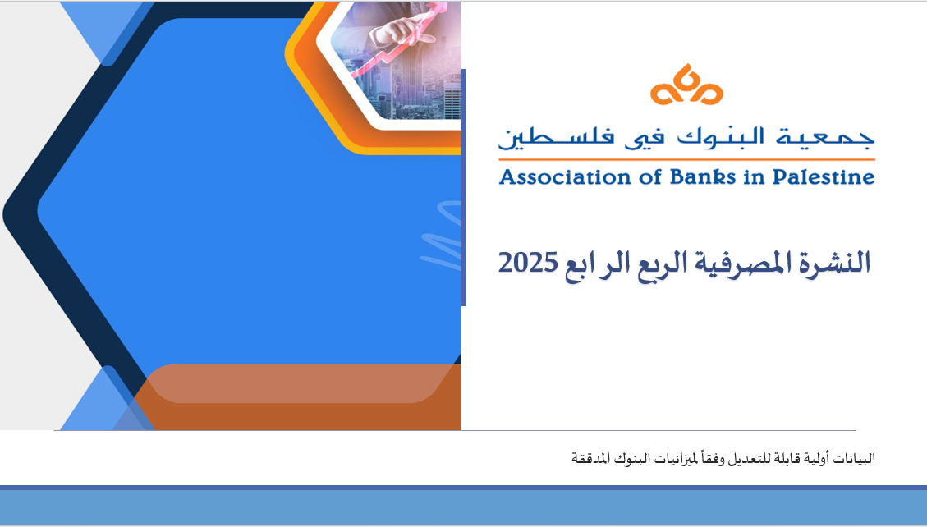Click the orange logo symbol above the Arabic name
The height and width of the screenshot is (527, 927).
[686, 85]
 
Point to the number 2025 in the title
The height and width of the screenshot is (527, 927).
[528, 263]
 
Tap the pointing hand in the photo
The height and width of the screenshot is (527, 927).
[402, 30]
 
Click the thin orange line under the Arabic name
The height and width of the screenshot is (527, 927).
[686, 159]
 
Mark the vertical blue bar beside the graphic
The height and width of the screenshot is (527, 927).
[463, 187]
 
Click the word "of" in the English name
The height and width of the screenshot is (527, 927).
[649, 176]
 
